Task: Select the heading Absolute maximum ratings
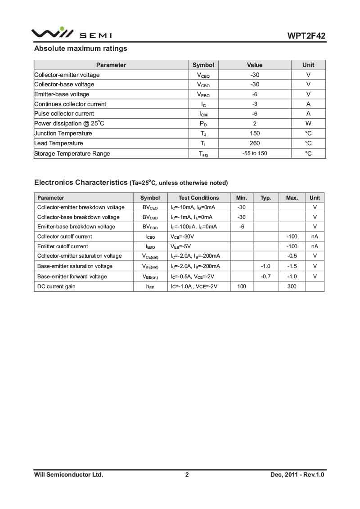pyautogui.click(x=81, y=49)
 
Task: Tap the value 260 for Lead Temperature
pyautogui.click(x=255, y=143)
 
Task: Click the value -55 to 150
pyautogui.click(x=255, y=153)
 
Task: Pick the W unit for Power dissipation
pyautogui.click(x=308, y=124)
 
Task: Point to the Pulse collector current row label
pyautogui.click(x=64, y=114)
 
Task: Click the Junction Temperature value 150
pyautogui.click(x=255, y=134)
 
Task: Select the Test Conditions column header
pyautogui.click(x=198, y=198)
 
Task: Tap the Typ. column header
pyautogui.click(x=265, y=198)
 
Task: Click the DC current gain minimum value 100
pyautogui.click(x=242, y=286)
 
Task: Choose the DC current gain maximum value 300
pyautogui.click(x=292, y=286)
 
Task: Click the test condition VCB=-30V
pyautogui.click(x=182, y=237)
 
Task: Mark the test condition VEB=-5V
pyautogui.click(x=181, y=246)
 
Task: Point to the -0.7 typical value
pyautogui.click(x=265, y=277)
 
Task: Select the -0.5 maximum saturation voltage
pyautogui.click(x=292, y=256)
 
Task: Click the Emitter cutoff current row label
pyautogui.click(x=63, y=246)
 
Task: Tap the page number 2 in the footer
pyautogui.click(x=187, y=474)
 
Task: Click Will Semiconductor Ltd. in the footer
pyautogui.click(x=69, y=474)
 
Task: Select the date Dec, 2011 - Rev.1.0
pyautogui.click(x=297, y=474)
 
